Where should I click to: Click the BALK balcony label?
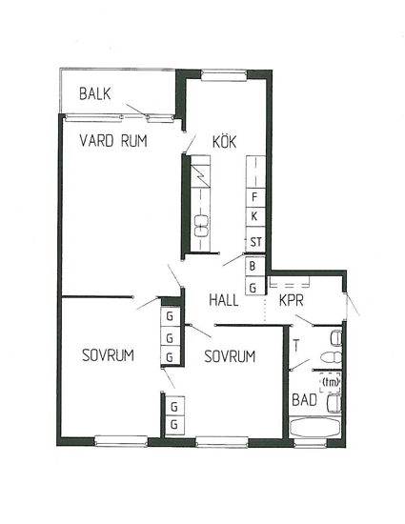coord(95,93)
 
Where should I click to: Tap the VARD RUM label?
coord(113,141)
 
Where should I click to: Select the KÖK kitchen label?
coord(225,141)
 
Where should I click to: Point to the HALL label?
coord(224,300)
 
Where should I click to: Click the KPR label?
coord(292,300)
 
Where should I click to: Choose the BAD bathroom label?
coord(304,400)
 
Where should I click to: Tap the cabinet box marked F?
coord(255,197)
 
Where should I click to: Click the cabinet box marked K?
coord(255,217)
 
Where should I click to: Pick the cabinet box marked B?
coord(255,266)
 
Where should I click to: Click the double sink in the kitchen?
coord(201,226)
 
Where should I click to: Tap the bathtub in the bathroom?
coord(315,427)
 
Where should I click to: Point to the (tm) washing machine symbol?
coord(330,382)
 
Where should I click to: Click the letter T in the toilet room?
coord(296,345)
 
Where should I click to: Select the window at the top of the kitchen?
coord(224,75)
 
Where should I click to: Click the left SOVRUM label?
coord(108,355)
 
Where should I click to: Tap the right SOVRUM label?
coord(230,356)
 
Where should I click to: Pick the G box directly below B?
coord(255,286)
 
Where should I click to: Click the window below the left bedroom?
coord(121,441)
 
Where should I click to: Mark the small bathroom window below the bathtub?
coord(310,442)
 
